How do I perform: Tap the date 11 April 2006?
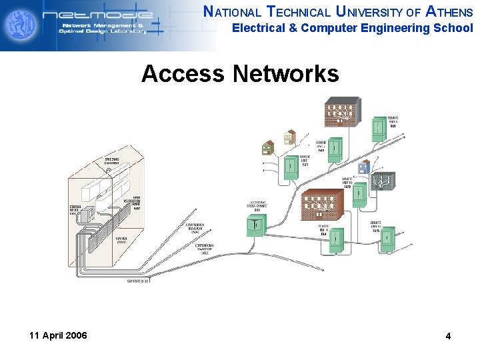coord(58,335)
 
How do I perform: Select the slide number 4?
coord(448,336)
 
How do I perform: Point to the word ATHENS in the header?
coord(449,11)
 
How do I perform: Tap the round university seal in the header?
coord(20,25)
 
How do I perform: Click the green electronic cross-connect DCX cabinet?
coord(255,227)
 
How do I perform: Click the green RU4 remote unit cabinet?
coord(337,239)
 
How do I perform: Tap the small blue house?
coord(363,167)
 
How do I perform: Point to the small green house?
coord(268,147)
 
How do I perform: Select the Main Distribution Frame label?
coord(131,202)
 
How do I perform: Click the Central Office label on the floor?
coord(122,240)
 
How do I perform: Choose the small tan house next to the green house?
coord(289,137)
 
